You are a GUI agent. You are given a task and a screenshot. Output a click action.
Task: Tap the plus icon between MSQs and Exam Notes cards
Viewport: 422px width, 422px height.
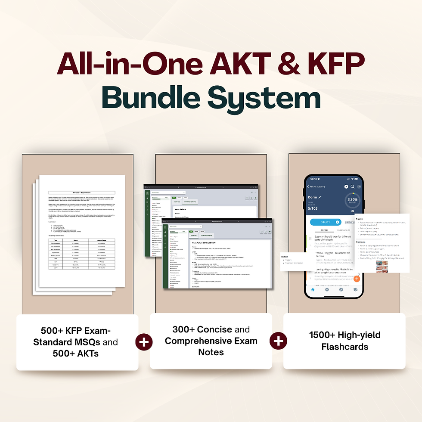click(x=144, y=342)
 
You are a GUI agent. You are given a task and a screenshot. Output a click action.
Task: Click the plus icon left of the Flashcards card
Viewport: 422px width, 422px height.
click(x=278, y=342)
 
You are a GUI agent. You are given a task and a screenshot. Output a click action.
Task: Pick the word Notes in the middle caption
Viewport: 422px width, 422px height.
click(x=211, y=352)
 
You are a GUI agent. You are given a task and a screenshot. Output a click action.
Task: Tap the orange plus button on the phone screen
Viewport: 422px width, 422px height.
click(x=357, y=279)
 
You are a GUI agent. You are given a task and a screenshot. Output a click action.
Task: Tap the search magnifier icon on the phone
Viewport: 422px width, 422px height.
click(x=353, y=186)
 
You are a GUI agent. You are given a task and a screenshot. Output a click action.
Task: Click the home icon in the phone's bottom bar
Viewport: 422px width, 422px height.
click(x=313, y=290)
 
